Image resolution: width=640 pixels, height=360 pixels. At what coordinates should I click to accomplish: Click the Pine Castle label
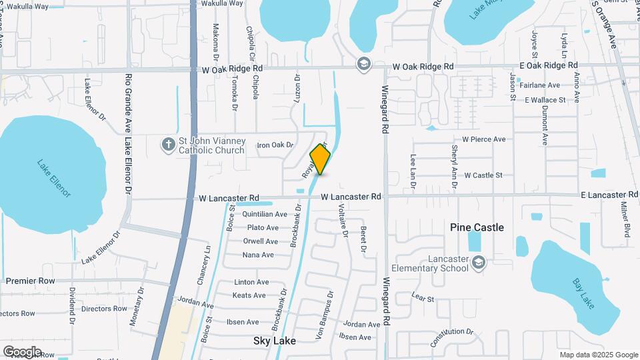pos(477,227)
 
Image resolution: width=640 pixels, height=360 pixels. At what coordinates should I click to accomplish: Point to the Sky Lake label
pos(274,340)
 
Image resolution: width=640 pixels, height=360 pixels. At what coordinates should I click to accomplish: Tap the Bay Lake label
pos(582,293)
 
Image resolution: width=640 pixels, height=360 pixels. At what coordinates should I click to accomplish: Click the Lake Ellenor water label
pos(53,178)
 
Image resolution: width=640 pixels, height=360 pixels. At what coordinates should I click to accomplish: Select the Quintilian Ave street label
pos(265,215)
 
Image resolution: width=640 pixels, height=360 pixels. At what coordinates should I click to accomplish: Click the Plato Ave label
pos(263,228)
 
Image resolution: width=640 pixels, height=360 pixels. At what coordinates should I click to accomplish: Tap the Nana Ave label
pos(258,255)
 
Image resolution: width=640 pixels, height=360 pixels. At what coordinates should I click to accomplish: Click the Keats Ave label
pos(249,295)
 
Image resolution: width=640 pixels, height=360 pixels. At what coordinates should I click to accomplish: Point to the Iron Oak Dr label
pos(275,145)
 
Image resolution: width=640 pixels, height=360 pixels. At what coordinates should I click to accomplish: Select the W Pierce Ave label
pos(488,139)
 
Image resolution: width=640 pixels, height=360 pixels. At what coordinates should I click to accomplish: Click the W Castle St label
pos(483,175)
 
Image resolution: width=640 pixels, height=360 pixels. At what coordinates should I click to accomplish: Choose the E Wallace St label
pos(545,100)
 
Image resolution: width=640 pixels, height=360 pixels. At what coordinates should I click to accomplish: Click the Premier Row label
pos(31,281)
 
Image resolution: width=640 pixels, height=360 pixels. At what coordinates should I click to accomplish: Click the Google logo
pos(22,351)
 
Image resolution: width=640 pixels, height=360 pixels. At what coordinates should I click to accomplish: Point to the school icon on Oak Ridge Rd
pos(364,63)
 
